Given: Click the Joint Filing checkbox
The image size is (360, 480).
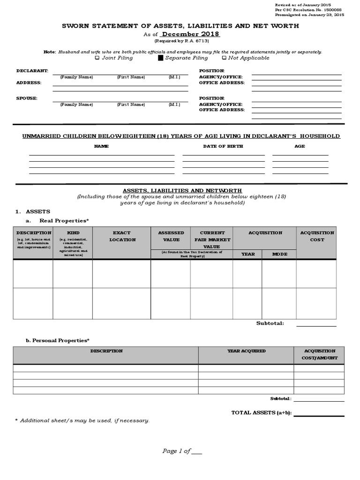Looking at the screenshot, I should pos(97,58).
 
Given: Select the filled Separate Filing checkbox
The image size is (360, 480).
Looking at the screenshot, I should pos(160,58).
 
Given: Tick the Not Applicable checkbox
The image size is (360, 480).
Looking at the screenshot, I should pos(224,58).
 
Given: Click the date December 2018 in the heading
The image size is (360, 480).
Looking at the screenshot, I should pos(190,34).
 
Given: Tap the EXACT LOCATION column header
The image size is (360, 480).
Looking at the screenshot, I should pos(122,236).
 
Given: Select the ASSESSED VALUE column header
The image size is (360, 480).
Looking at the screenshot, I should pos(171,236).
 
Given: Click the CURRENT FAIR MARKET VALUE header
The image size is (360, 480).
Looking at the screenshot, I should pos(212,239).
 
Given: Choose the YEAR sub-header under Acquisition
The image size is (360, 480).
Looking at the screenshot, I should pos(247,254).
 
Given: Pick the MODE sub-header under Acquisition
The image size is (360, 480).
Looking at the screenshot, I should pos(279,254).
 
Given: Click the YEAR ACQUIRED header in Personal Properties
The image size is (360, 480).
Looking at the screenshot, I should pos(246,351).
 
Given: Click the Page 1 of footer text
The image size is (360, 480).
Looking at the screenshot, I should pos(176,451).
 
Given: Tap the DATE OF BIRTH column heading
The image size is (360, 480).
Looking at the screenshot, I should pos(223,146).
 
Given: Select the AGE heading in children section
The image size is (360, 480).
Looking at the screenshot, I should pos(300,146).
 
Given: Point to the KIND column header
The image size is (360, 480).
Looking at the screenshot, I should pos(73,232).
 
